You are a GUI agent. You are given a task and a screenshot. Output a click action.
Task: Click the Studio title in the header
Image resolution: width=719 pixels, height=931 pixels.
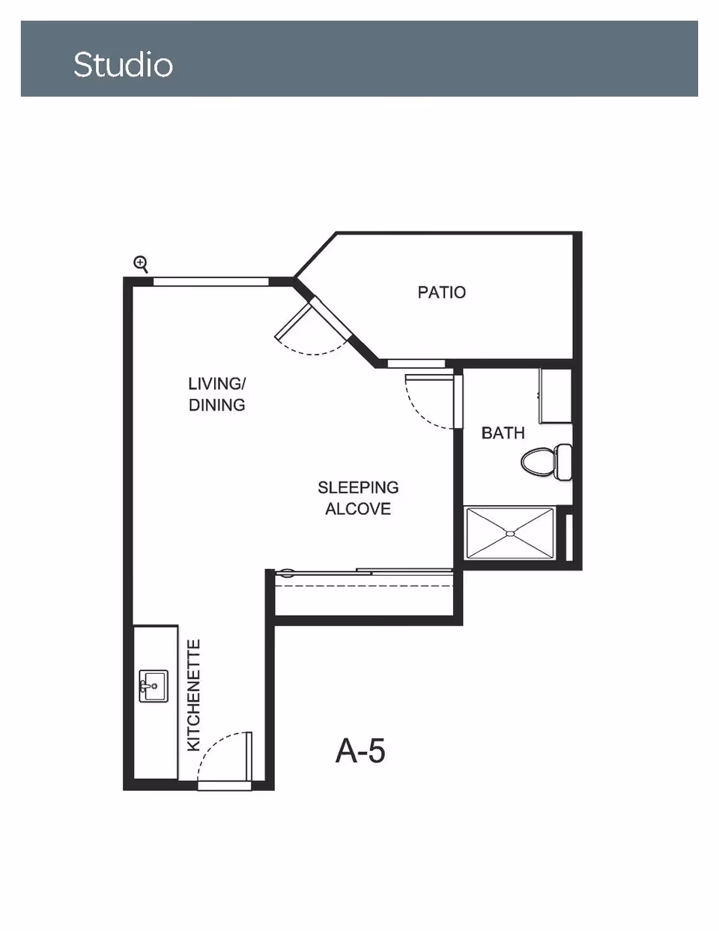tap(124, 64)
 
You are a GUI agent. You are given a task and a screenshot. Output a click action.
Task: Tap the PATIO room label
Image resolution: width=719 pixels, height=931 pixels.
tap(441, 292)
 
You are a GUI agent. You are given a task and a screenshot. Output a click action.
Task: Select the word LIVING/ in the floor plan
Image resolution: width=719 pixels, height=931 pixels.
tap(216, 384)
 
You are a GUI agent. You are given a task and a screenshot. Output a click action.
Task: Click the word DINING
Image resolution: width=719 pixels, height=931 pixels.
tap(216, 405)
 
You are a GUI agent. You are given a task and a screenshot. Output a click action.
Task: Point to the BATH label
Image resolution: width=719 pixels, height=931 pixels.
tap(503, 433)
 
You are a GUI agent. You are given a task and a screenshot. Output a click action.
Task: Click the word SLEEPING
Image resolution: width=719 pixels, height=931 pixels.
tap(358, 487)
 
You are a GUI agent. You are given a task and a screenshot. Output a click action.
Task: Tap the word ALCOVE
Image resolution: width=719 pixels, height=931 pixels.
tap(358, 509)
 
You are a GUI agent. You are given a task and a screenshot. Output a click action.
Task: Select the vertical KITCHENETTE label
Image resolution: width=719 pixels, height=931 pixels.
tap(193, 695)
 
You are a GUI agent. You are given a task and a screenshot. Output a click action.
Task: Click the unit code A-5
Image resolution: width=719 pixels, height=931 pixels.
tap(360, 750)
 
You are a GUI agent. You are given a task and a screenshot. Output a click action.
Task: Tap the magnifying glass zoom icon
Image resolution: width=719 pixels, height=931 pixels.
tap(141, 263)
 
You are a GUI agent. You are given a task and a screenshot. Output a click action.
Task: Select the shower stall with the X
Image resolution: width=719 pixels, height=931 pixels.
tap(510, 533)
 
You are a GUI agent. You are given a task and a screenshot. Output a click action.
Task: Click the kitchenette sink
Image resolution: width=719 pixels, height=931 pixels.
tap(154, 686)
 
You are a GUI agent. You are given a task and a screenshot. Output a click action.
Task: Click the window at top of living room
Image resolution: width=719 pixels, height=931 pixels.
tap(210, 282)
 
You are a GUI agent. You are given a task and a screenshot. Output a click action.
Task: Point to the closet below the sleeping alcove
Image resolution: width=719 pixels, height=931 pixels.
tap(365, 596)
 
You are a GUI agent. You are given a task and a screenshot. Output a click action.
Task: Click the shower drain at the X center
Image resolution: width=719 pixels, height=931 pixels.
tap(510, 534)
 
